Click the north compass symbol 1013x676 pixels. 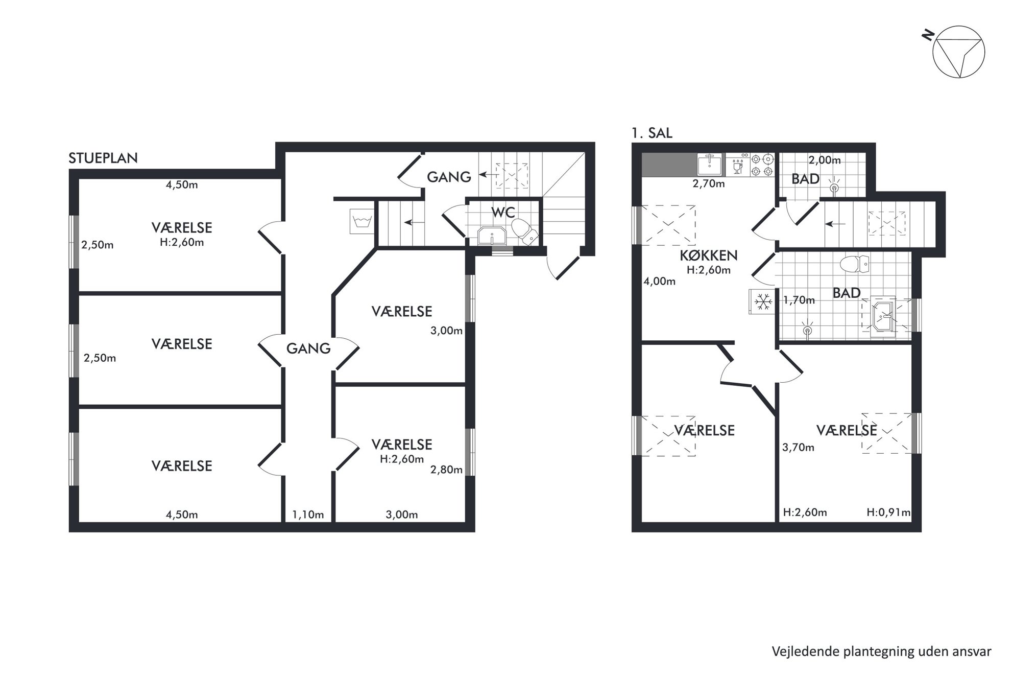tap(958, 52)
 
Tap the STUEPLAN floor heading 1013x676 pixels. tap(103, 158)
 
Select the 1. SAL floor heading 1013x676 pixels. tap(652, 133)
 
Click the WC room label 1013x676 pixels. tap(503, 212)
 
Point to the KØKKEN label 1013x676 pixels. tap(709, 255)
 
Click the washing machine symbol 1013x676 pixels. tap(362, 221)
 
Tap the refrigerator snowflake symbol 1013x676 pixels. tap(763, 301)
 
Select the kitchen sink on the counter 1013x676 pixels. tap(710, 165)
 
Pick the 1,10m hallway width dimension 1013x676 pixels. tap(308, 515)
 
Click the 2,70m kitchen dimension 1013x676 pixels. tap(709, 184)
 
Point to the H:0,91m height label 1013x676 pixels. tap(888, 512)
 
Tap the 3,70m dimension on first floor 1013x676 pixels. tap(798, 448)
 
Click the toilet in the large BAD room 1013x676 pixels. tap(854, 264)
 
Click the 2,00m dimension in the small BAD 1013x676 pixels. tap(825, 160)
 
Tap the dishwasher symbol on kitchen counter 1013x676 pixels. tap(737, 165)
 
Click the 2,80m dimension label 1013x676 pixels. tap(446, 470)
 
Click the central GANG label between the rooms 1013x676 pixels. tap(308, 348)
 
